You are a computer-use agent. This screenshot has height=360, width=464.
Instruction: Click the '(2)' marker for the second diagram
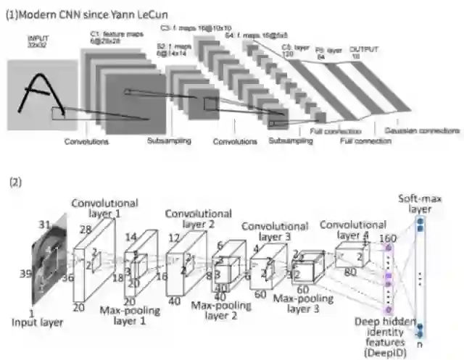pyautogui.click(x=15, y=182)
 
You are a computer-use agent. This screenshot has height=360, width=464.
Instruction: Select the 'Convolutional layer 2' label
pyautogui.click(x=198, y=220)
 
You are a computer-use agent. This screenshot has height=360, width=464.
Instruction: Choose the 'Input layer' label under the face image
pyautogui.click(x=37, y=322)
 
